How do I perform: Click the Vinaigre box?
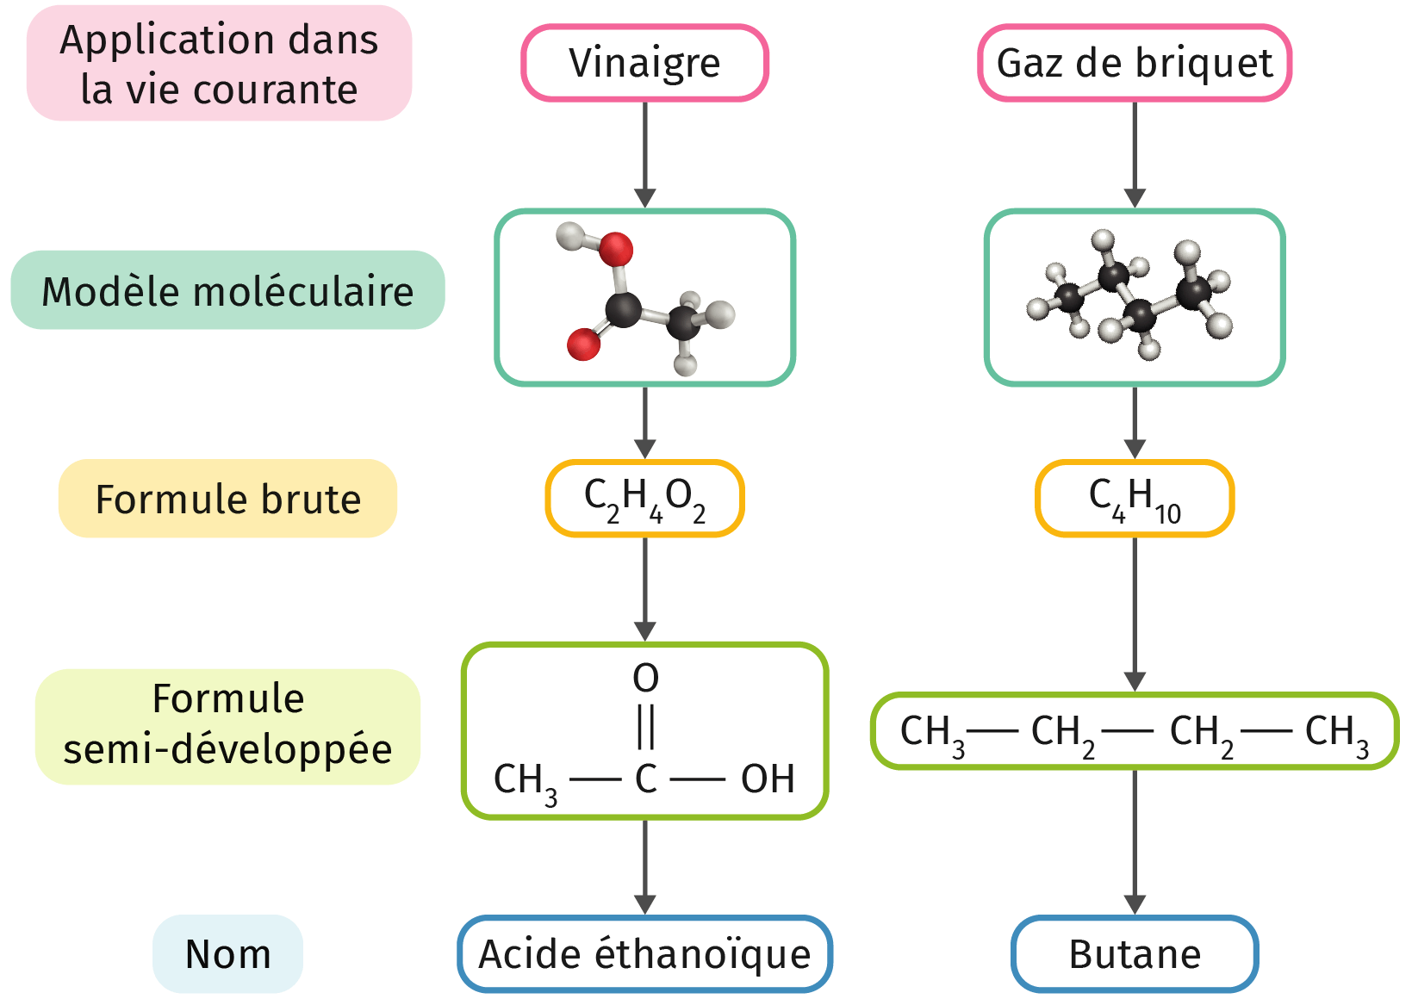coord(644,63)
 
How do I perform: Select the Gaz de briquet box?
coord(1134,63)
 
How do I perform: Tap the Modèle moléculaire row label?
coord(227,291)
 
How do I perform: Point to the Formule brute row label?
coord(227,499)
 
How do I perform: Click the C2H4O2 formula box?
coord(644,499)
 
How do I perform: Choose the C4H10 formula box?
coord(1134,499)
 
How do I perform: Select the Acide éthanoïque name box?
coord(644,954)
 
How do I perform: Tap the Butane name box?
coord(1134,954)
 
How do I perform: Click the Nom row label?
coord(227,954)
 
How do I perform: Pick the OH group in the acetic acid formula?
coord(767,779)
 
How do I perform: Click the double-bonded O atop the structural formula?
coord(645,679)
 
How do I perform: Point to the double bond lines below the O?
coord(645,728)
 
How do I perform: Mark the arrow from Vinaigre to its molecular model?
coord(644,155)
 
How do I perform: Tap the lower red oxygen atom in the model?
coord(583,344)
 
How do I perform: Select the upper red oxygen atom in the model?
coord(615,250)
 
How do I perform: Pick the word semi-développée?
coord(227,749)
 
